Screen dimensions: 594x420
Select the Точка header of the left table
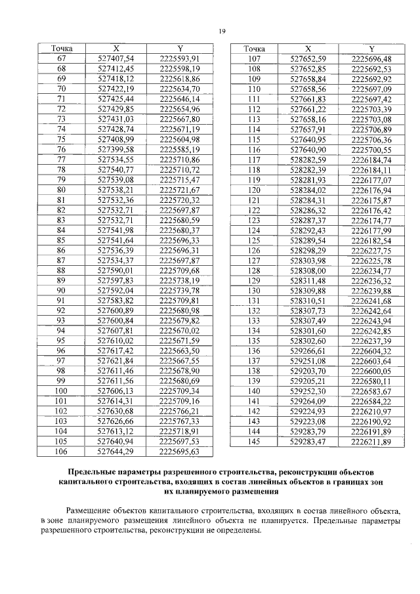click(62, 49)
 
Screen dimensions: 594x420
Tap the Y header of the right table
click(371, 49)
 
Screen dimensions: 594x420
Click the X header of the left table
click(116, 49)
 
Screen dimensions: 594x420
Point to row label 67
click(62, 59)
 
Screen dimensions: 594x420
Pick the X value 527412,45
click(116, 69)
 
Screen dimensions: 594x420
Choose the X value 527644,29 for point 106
click(116, 452)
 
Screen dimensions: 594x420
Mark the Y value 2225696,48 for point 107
click(371, 59)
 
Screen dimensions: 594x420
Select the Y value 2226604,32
click(371, 351)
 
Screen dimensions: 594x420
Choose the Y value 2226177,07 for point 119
click(371, 179)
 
